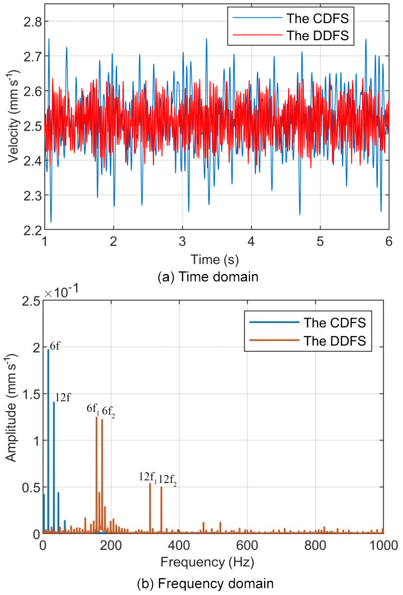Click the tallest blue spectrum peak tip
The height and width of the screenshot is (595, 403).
[x=48, y=350]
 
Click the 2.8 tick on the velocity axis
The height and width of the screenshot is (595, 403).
[x=26, y=21]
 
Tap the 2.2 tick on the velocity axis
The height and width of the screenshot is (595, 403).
[x=26, y=229]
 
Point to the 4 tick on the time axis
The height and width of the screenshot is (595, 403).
[x=251, y=240]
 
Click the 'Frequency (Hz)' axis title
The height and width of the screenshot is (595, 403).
[x=213, y=560]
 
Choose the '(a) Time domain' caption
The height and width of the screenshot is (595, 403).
[x=207, y=277]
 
